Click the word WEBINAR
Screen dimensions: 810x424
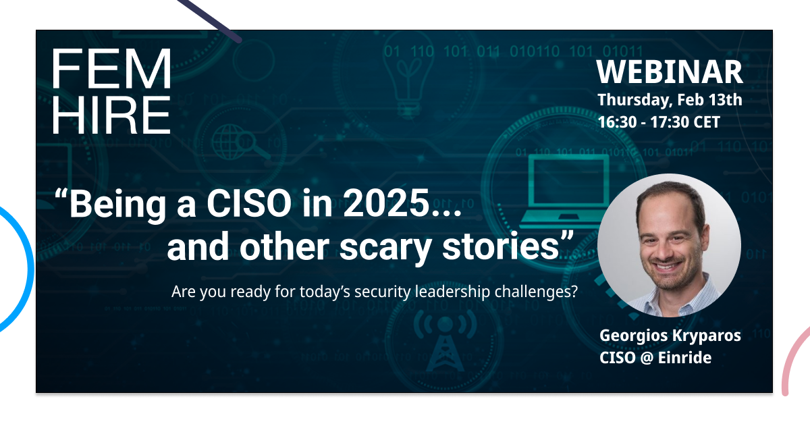670,72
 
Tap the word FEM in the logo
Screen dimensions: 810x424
112,69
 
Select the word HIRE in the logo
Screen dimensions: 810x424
112,115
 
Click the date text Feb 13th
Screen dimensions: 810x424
709,100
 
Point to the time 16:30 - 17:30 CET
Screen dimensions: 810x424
659,122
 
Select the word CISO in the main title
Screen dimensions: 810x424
249,203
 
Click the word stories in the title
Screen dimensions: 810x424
501,246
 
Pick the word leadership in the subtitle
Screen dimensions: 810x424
452,292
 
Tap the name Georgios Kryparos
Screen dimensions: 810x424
670,336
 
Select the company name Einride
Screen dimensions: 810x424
684,358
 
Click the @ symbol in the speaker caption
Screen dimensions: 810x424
647,358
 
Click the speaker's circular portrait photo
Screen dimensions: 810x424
669,246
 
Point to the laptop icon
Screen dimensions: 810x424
565,189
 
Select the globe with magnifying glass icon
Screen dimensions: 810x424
240,142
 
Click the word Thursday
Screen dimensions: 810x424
635,101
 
